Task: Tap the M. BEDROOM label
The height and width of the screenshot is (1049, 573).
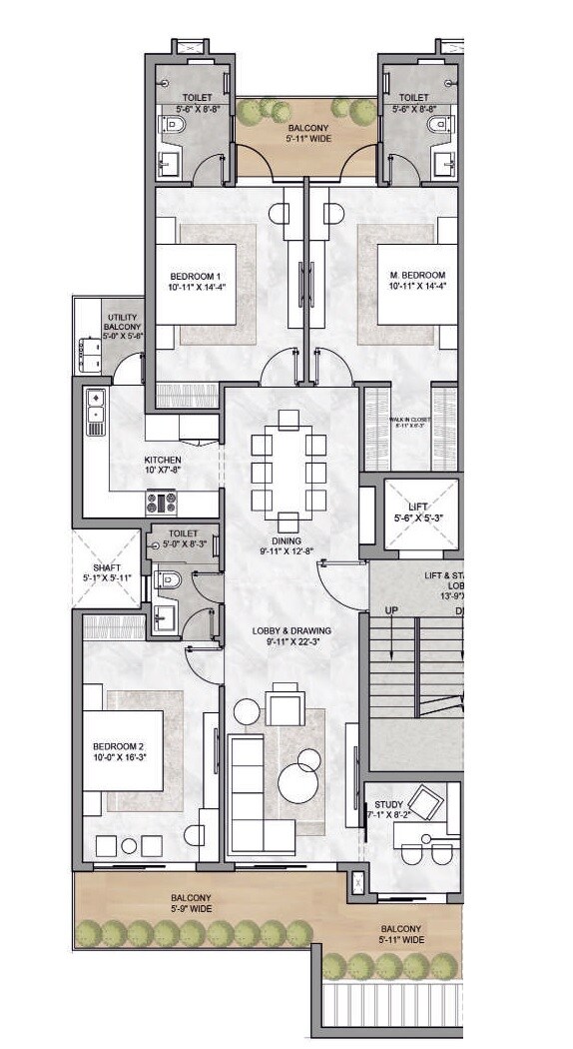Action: pos(417,275)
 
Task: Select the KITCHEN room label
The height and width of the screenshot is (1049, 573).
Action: pos(162,461)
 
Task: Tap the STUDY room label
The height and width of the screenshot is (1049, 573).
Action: pos(388,804)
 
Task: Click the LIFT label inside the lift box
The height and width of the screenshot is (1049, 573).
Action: pos(410,509)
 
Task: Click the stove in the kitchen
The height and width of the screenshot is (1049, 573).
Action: pos(162,501)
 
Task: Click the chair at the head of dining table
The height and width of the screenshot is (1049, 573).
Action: pos(289,418)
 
